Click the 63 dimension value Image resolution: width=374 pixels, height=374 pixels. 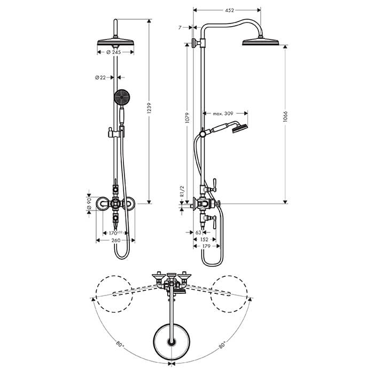(198, 233)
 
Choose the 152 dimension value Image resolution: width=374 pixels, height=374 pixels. (205, 240)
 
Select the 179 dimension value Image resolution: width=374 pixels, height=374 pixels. (205, 246)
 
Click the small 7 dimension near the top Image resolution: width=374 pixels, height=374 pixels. (182, 26)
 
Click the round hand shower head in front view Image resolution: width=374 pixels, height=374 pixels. (122, 97)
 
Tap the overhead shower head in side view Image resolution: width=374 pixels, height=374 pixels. (261, 43)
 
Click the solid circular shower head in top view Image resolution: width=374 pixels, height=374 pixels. (171, 340)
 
